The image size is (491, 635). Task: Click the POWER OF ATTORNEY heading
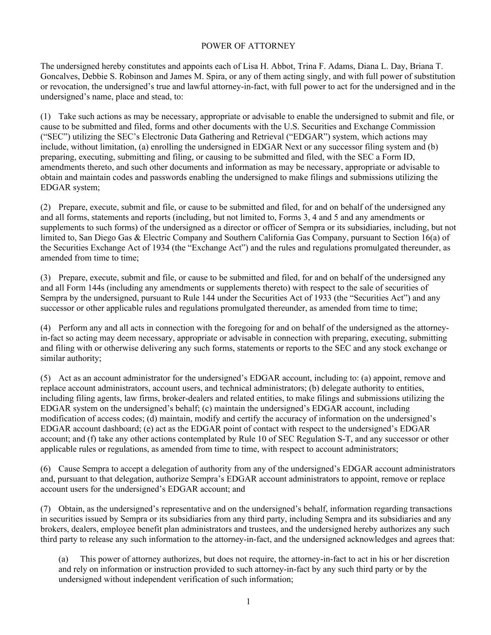[x=248, y=46]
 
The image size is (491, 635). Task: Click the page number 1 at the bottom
[x=248, y=602]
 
